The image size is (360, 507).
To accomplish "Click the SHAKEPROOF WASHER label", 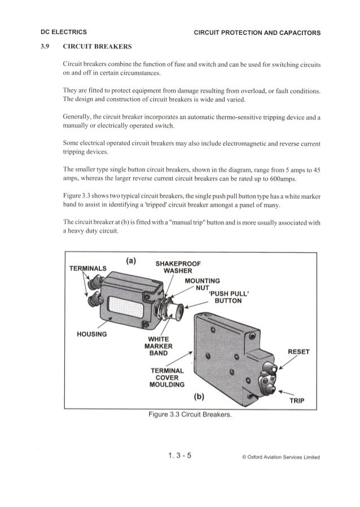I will [x=178, y=266].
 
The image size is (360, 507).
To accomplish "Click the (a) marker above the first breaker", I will [x=131, y=261].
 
